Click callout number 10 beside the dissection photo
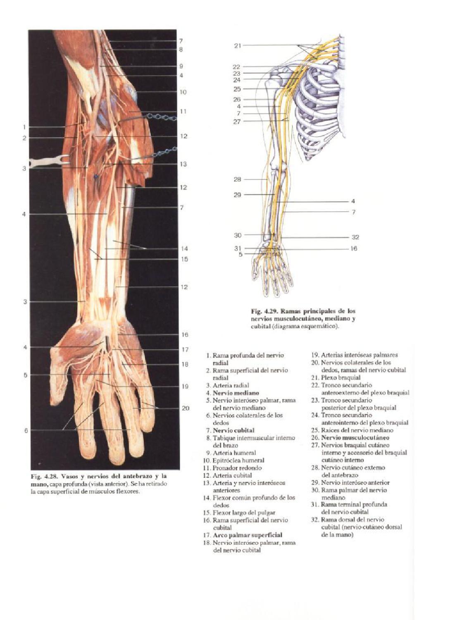(183, 92)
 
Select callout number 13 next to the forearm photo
(183, 164)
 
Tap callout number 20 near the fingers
(186, 408)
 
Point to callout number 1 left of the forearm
(25, 127)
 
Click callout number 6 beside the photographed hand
(26, 430)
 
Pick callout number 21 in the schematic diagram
(237, 45)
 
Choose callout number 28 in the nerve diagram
(237, 179)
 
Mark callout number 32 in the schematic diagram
(355, 237)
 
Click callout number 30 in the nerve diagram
(237, 235)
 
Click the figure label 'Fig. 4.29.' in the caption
(264, 311)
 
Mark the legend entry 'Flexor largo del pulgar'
(244, 513)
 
